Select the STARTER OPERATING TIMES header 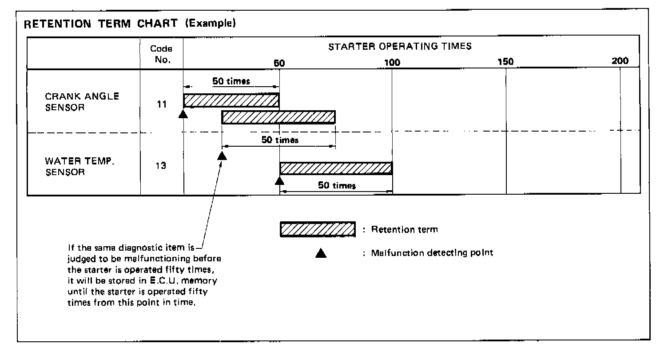[400, 46]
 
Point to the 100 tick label [392, 63]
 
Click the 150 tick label [505, 62]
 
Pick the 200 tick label [620, 61]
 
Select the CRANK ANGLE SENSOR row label [82, 102]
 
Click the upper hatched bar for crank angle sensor [231, 100]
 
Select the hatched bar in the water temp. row [336, 168]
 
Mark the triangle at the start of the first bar [183, 115]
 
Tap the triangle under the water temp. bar [279, 180]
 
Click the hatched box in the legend [318, 229]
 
